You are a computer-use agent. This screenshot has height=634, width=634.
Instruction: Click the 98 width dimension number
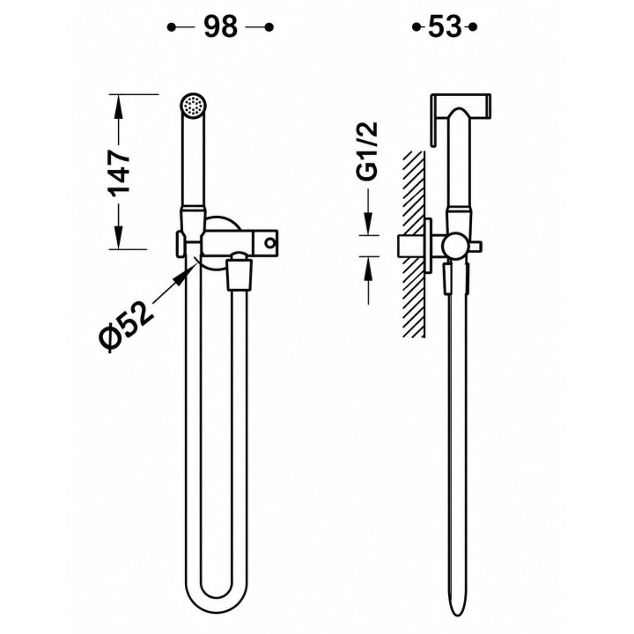tap(220, 27)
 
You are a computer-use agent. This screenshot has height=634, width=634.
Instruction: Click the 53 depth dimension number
tap(445, 27)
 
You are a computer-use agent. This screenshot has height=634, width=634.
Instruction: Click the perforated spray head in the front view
tap(193, 107)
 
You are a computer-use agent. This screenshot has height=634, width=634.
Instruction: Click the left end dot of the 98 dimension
tap(172, 27)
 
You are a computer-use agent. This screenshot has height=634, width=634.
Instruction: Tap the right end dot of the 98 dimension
tap(269, 27)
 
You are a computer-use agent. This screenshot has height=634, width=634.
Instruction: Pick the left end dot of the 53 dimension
tap(416, 27)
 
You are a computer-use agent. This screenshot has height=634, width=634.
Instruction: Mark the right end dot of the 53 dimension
tap(473, 27)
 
